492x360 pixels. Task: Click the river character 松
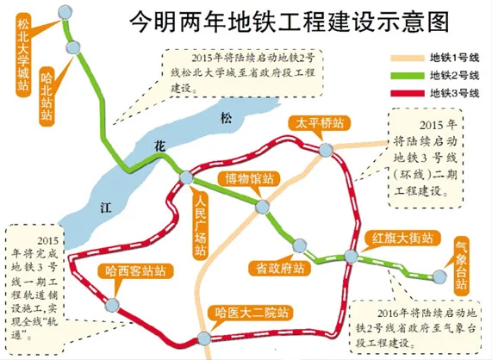click(x=227, y=117)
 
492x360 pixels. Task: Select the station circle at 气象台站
click(x=439, y=276)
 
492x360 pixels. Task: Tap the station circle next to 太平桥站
click(x=325, y=152)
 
